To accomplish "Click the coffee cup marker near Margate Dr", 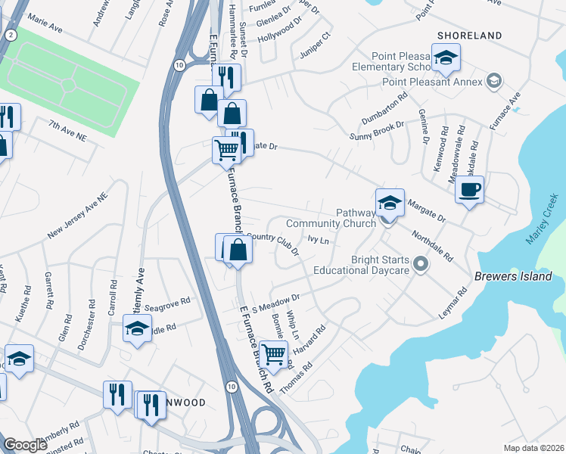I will (x=470, y=190).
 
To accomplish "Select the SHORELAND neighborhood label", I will (x=469, y=36).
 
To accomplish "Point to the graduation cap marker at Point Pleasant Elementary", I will (x=446, y=58).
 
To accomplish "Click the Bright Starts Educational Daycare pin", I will (x=421, y=264).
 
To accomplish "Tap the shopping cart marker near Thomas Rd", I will (x=274, y=353).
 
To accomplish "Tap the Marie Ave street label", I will (x=45, y=25).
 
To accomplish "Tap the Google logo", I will (x=26, y=445).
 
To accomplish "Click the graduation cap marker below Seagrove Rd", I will (x=137, y=329).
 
